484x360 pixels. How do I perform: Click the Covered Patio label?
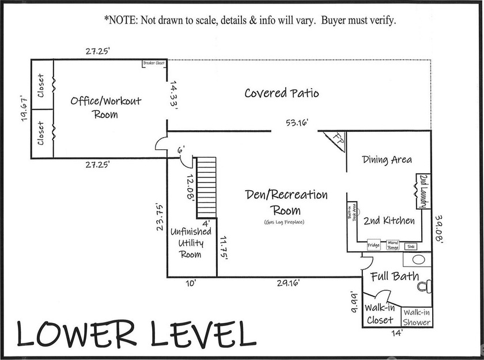281,93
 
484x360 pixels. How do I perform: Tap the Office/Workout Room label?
105,107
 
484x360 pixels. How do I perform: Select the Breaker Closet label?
154,63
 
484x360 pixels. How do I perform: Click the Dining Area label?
387,160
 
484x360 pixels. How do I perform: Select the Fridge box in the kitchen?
374,245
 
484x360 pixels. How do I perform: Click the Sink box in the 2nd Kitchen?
411,246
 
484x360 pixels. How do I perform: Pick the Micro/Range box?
393,245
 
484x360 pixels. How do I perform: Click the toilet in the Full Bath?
424,285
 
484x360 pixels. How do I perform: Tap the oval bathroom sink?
418,260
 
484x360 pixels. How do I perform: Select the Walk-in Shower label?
417,317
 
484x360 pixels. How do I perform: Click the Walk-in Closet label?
380,314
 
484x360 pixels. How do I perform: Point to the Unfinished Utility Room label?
191,243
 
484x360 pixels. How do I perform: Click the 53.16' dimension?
294,122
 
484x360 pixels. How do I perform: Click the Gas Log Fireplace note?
283,222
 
